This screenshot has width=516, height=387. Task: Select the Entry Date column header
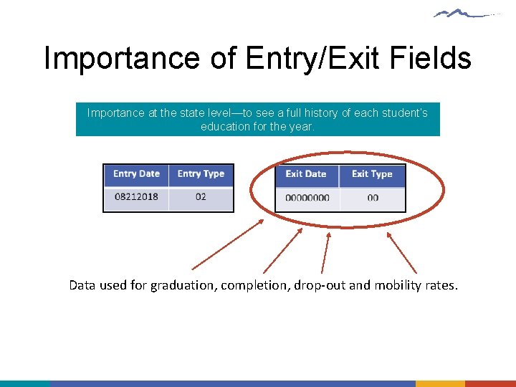[x=136, y=174]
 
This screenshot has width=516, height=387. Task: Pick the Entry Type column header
[x=201, y=174]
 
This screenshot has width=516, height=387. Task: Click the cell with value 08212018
[x=136, y=196]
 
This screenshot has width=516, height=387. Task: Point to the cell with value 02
[x=201, y=196]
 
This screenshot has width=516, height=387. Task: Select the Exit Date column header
[x=306, y=174]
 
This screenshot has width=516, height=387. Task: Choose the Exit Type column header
[x=372, y=174]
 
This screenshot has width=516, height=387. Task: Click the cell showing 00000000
[x=307, y=198]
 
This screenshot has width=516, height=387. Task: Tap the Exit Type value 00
[x=373, y=198]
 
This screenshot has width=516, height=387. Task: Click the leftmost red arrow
[x=228, y=244]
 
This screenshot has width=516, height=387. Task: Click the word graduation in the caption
[x=182, y=285]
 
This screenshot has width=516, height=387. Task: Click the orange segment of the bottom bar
[x=440, y=383]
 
